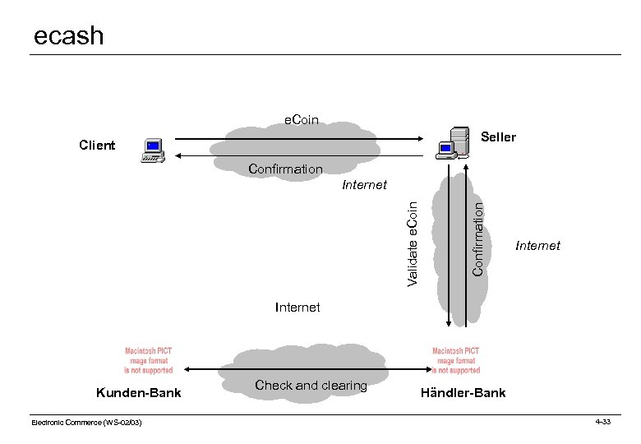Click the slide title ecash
(69, 35)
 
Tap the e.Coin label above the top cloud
(302, 121)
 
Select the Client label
(97, 146)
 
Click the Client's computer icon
(153, 149)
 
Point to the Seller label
(498, 136)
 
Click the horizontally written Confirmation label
(285, 169)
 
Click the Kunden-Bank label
(138, 393)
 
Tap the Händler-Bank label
(463, 393)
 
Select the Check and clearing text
(311, 385)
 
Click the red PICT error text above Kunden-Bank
(149, 359)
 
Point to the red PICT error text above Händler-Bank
(456, 359)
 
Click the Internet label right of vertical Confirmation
(537, 245)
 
